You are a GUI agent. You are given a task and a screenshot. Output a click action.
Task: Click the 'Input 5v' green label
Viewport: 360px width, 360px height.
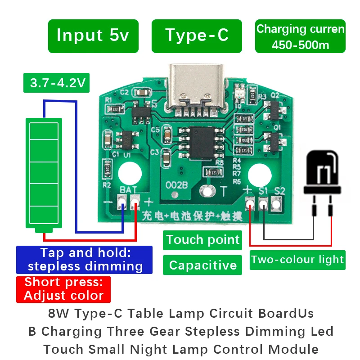[93, 36]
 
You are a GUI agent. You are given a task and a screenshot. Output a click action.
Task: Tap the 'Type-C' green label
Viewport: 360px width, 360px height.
[197, 36]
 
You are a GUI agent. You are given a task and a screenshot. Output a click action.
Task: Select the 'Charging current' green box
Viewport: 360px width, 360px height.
[300, 36]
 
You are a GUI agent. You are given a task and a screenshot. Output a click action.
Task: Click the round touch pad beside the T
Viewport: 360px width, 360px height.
[207, 190]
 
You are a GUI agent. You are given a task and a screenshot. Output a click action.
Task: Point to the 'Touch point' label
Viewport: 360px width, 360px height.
[203, 240]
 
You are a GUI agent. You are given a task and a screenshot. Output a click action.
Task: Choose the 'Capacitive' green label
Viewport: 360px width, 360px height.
[203, 265]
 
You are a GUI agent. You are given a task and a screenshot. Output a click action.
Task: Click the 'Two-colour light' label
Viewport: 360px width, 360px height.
[297, 260]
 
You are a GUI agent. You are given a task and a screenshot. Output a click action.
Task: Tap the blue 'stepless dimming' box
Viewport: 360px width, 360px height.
[85, 260]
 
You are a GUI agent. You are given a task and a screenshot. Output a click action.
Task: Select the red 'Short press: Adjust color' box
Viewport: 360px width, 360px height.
[63, 289]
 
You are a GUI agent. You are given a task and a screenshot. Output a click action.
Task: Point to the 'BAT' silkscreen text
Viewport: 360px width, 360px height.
[128, 191]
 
